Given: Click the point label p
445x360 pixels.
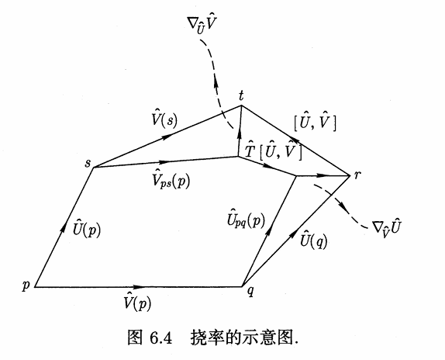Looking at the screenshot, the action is pos(26,286).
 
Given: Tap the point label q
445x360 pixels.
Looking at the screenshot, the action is pos(250,291).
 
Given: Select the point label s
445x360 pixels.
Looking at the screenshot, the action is pos(88,163).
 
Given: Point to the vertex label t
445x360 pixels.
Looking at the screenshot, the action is pos(241,96).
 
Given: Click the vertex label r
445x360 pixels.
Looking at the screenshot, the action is pos(357,175).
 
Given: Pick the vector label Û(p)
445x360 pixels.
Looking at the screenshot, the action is pos(87,228).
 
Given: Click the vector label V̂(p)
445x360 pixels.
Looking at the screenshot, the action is pos(137,302).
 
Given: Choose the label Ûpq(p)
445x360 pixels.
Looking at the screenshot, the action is pos(246,218).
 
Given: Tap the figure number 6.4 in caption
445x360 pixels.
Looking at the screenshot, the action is pos(160,337).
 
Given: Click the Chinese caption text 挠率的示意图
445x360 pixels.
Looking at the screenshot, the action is pos(243,337).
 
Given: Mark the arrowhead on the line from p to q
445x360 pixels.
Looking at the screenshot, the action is pos(139,287).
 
